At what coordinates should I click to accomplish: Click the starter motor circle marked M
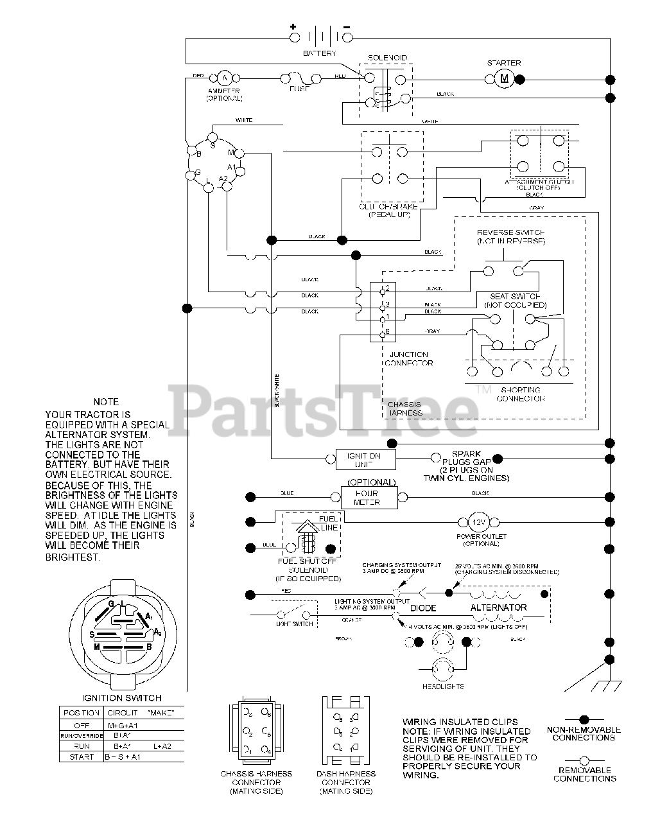(504, 79)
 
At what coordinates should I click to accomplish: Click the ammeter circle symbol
(224, 78)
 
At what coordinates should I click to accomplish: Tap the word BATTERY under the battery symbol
(320, 53)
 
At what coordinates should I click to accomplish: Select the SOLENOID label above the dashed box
(387, 58)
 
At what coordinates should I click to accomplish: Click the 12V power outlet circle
(482, 523)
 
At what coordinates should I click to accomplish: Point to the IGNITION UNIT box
(364, 460)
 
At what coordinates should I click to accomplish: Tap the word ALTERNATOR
(499, 608)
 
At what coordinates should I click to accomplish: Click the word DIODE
(423, 608)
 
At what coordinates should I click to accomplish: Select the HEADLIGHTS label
(443, 686)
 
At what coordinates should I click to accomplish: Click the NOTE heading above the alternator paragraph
(106, 402)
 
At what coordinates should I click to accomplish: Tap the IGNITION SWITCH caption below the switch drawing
(122, 698)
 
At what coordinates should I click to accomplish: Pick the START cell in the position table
(82, 756)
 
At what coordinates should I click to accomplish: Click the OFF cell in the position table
(82, 725)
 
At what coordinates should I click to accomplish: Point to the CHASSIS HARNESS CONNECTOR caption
(256, 782)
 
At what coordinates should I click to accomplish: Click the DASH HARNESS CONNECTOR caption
(346, 782)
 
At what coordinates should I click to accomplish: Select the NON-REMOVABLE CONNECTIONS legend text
(584, 733)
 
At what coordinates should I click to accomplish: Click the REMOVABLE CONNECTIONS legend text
(584, 774)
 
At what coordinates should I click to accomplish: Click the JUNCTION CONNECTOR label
(409, 358)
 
